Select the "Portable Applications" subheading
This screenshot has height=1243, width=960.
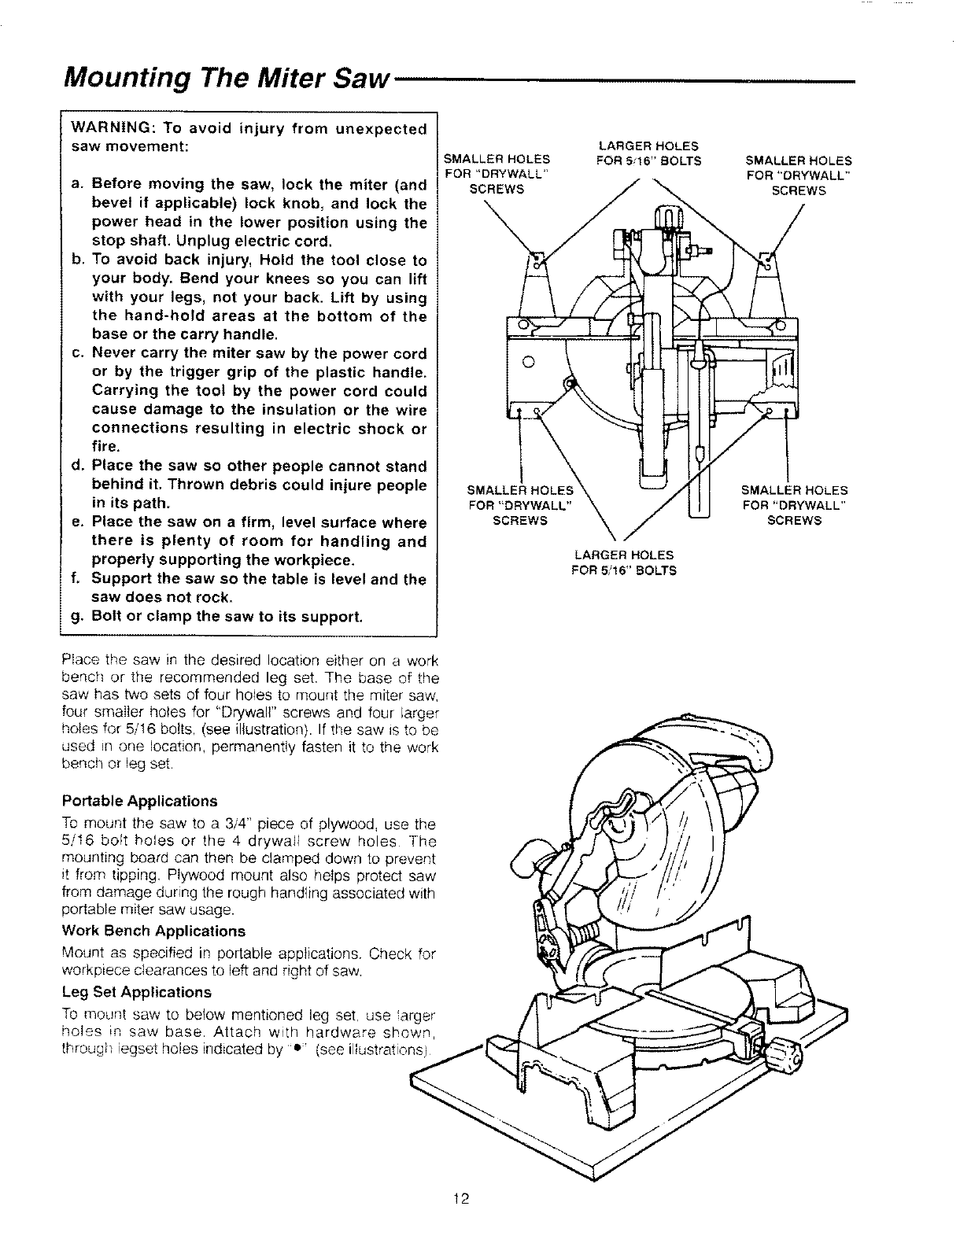(138, 801)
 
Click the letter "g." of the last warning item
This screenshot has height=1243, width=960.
(76, 616)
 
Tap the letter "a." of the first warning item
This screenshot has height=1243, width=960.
(77, 185)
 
